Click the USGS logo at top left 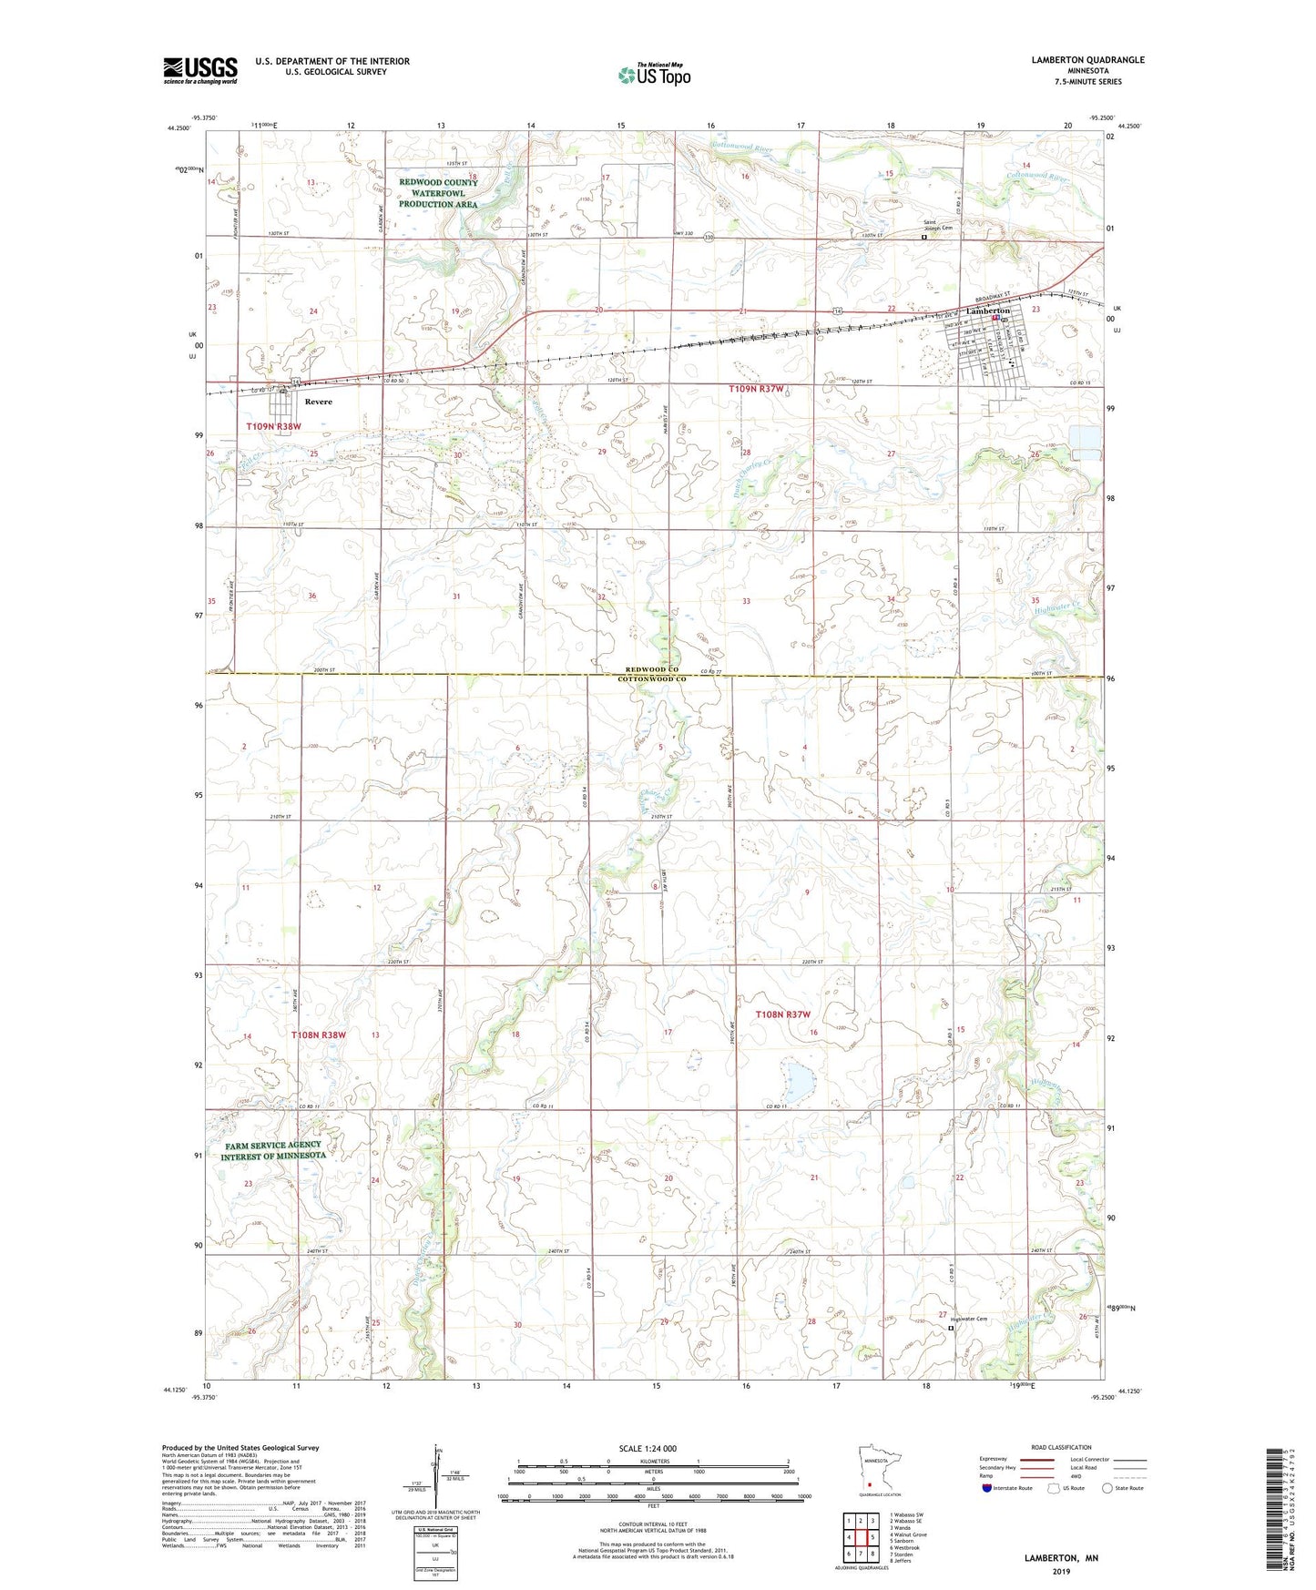(199, 70)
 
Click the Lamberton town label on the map (988, 311)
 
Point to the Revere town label (318, 402)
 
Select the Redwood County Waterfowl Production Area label (438, 193)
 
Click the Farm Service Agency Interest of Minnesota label (273, 1150)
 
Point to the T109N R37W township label (756, 389)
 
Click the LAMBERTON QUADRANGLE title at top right (1087, 60)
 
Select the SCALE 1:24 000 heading (647, 1448)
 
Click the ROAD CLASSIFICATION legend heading (1061, 1447)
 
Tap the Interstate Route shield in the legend (987, 1488)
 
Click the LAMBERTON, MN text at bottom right (1061, 1557)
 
